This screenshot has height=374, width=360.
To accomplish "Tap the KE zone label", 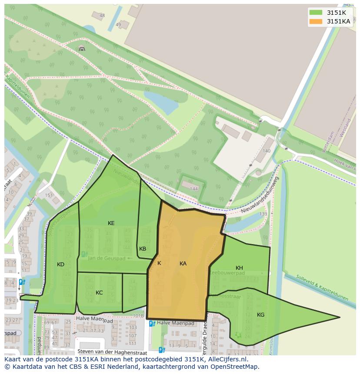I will click(x=111, y=223).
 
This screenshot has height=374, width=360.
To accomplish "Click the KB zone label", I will click(x=143, y=249).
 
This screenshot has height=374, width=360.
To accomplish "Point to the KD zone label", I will click(x=60, y=265).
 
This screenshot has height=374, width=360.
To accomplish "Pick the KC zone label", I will click(x=99, y=293).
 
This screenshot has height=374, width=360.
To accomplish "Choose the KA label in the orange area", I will click(x=183, y=264).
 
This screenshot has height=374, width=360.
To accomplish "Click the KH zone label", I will click(x=239, y=268).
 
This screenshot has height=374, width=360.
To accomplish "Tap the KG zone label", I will click(x=260, y=315).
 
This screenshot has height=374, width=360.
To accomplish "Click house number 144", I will click(x=194, y=189).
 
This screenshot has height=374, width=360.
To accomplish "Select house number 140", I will click(x=266, y=151).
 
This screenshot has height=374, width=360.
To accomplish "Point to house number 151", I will click(x=49, y=195).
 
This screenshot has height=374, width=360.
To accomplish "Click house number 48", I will click(x=102, y=16).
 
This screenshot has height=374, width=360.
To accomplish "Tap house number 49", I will click(x=118, y=25).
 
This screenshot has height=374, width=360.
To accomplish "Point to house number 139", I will click(x=263, y=214).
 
